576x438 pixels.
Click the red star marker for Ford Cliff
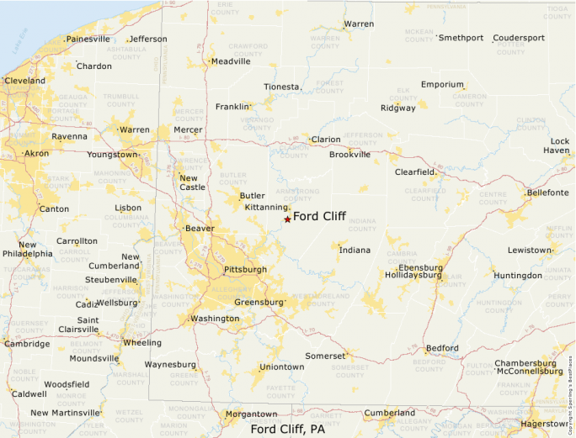(287, 219)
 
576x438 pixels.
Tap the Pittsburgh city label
(245, 270)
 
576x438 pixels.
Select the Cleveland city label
(24, 81)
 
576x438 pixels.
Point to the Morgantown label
(251, 414)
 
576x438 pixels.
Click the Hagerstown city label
(544, 424)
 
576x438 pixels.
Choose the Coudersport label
(519, 39)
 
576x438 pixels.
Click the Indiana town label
(355, 250)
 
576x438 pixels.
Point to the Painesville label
(88, 40)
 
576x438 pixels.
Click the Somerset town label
(325, 356)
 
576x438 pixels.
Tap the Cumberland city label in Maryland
(390, 414)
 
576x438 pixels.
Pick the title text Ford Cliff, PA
(288, 429)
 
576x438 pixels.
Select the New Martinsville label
(65, 413)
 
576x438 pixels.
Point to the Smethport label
(461, 39)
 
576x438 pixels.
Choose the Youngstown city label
(112, 155)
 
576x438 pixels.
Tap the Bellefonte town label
(547, 193)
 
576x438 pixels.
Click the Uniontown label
(282, 367)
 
